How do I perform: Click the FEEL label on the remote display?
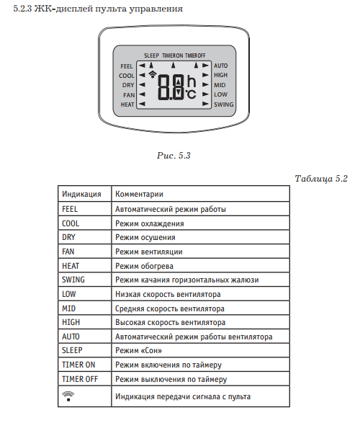pyautogui.click(x=127, y=66)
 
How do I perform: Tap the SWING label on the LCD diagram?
pyautogui.click(x=224, y=104)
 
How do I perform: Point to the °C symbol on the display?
pyautogui.click(x=191, y=94)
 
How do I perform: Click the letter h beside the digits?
pyautogui.click(x=192, y=81)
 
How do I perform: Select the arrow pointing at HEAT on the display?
pyautogui.click(x=142, y=104)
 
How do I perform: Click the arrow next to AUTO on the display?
pyautogui.click(x=206, y=66)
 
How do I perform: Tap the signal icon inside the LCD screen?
pyautogui.click(x=153, y=74)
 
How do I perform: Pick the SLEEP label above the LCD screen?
pyautogui.click(x=151, y=55)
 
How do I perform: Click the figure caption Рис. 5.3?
pyautogui.click(x=174, y=156)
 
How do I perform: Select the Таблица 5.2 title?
pyautogui.click(x=321, y=179)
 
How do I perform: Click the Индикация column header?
pyautogui.click(x=81, y=194)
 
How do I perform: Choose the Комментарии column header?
pyautogui.click(x=139, y=194)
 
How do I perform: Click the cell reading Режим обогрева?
pyautogui.click(x=144, y=266)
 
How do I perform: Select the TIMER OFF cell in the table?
pyautogui.click(x=80, y=379)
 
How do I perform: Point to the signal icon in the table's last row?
pyautogui.click(x=68, y=396)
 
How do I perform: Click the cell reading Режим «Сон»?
pyautogui.click(x=138, y=350)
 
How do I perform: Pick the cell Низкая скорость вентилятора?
pyautogui.click(x=168, y=294)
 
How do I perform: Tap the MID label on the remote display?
pyautogui.click(x=220, y=85)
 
